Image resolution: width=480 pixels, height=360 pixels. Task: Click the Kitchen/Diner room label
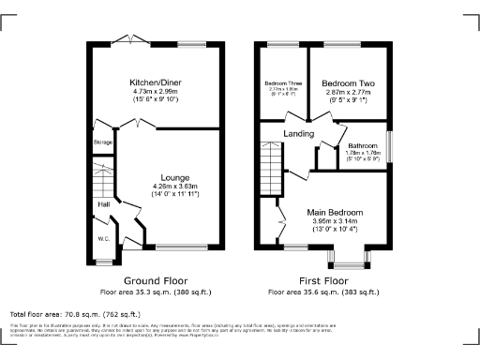click(157, 83)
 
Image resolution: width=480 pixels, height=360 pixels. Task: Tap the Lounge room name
click(174, 177)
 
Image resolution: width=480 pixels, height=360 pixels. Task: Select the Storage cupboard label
click(102, 142)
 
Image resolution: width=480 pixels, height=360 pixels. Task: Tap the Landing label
click(299, 134)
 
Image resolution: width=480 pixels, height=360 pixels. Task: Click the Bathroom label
click(363, 145)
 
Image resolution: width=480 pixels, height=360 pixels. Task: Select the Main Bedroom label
click(335, 212)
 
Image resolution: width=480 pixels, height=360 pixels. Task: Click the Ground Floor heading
click(156, 280)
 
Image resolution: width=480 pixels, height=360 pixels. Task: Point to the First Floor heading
click(323, 280)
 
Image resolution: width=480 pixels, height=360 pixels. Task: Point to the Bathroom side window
click(391, 149)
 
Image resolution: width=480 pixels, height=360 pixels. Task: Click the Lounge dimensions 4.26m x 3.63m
click(174, 186)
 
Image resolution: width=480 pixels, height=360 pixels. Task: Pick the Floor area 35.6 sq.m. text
click(323, 292)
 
